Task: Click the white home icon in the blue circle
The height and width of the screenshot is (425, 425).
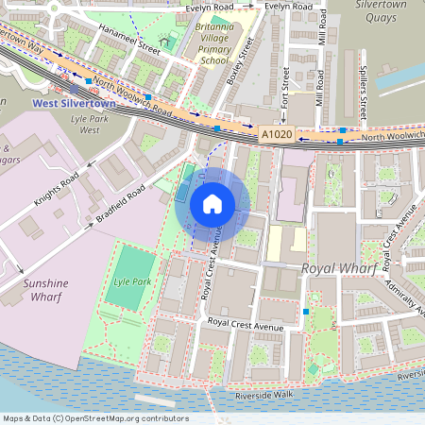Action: coord(212,203)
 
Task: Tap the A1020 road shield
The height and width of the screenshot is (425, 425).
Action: coord(277,136)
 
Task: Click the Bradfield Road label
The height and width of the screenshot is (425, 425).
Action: coord(120,205)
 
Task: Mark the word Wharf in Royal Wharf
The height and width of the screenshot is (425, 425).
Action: coord(357,269)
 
